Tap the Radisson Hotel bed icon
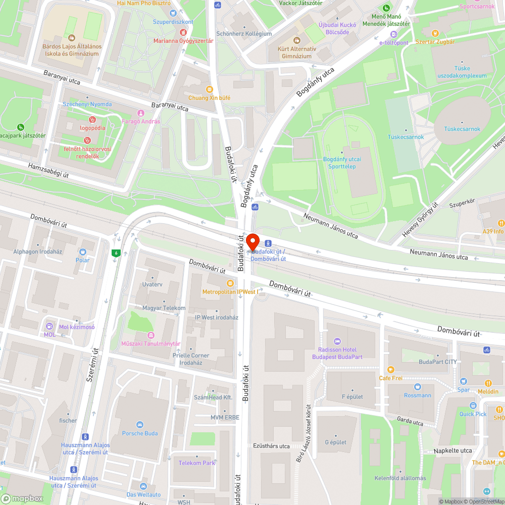click(x=337, y=341)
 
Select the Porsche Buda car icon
click(x=140, y=425)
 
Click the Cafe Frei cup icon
click(x=390, y=370)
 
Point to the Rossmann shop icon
click(x=417, y=387)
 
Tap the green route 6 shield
click(x=116, y=252)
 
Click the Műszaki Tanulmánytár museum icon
click(x=150, y=335)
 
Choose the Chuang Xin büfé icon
click(x=210, y=89)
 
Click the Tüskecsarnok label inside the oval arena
click(x=462, y=129)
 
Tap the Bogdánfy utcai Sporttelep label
click(x=342, y=162)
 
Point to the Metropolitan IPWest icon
click(x=230, y=283)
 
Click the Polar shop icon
click(x=82, y=251)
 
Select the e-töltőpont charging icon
click(x=394, y=34)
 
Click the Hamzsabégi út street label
click(x=48, y=170)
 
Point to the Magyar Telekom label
click(x=164, y=308)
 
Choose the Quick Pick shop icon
click(x=473, y=406)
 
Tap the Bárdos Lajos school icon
click(x=72, y=38)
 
